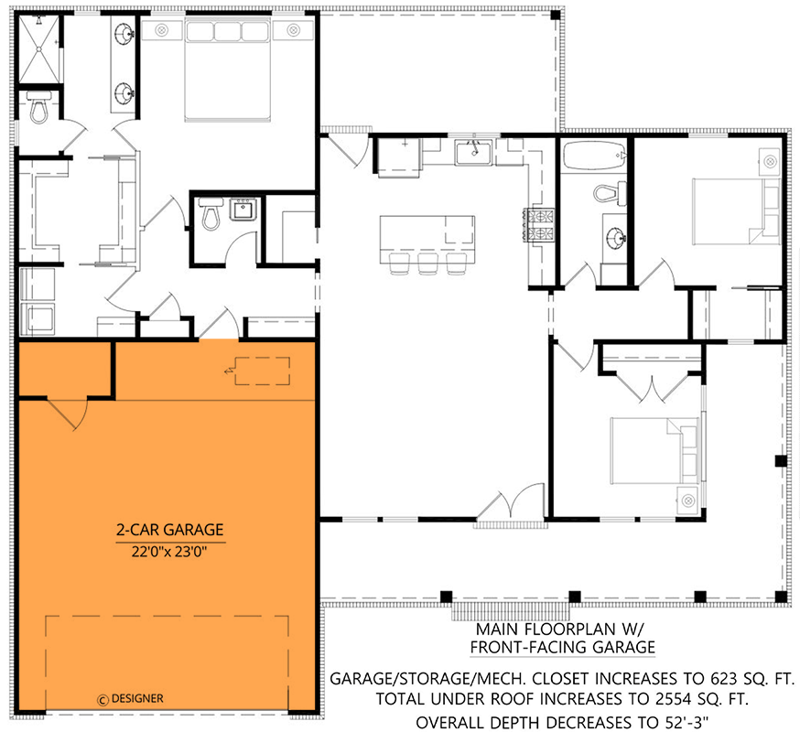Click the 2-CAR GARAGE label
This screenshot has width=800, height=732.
pyautogui.click(x=169, y=530)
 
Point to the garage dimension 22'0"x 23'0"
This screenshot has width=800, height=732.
pyautogui.click(x=169, y=551)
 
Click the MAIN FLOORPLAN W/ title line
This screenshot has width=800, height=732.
pyautogui.click(x=561, y=630)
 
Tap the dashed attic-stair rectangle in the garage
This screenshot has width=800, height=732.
pyautogui.click(x=262, y=371)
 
